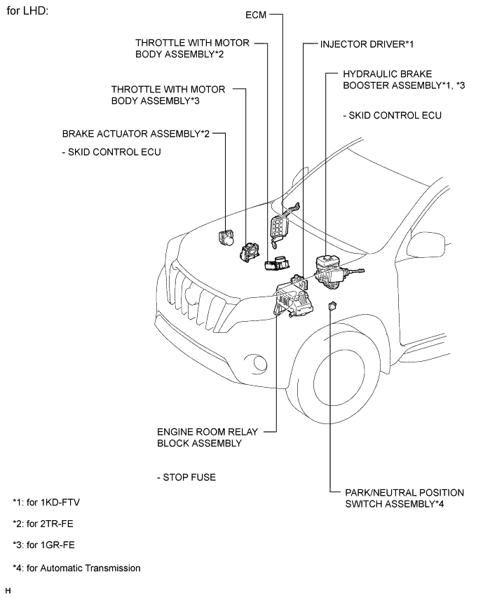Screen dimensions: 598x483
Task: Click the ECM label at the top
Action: pyautogui.click(x=256, y=14)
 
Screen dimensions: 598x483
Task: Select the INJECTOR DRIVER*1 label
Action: pyautogui.click(x=367, y=44)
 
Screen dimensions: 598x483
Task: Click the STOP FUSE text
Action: pyautogui.click(x=187, y=477)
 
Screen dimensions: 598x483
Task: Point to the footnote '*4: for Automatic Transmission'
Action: pyautogui.click(x=76, y=567)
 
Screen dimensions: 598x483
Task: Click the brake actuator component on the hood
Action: pyautogui.click(x=228, y=236)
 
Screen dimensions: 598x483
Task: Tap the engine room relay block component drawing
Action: pyautogui.click(x=295, y=302)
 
